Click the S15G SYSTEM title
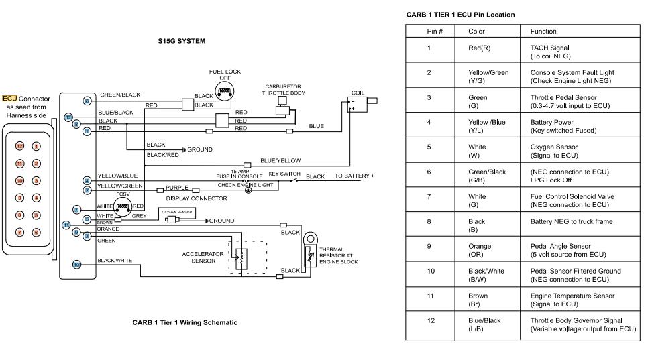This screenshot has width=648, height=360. coord(181,41)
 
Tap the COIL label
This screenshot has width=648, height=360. coord(357,93)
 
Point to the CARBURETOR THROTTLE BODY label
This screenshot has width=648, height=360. coord(282,90)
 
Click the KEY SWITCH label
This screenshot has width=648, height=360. coord(284,173)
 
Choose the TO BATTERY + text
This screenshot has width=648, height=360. coord(355,176)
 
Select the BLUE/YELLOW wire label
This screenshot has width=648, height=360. coord(280,161)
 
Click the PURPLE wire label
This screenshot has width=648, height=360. coord(177,188)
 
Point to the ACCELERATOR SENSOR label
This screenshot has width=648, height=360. coord(198,257)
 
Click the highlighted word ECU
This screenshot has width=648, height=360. coord(11,99)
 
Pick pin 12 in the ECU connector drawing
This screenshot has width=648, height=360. coord(19,146)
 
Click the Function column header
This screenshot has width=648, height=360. coord(543,32)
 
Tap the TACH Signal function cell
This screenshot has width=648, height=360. coord(550,52)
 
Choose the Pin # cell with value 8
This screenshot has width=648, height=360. coord(429,221)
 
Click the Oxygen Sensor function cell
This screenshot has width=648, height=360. coord(553,151)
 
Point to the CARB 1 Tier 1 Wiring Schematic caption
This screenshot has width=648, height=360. coord(184,322)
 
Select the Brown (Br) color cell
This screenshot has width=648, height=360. coord(478,300)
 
